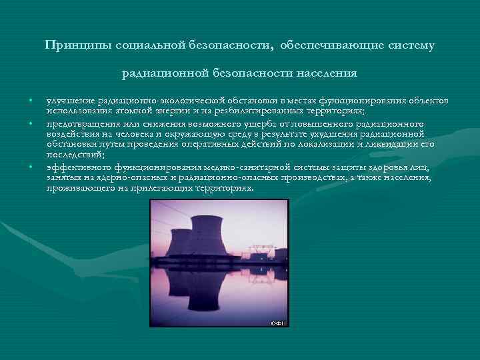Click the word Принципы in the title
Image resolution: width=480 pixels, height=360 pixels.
pyautogui.click(x=75, y=46)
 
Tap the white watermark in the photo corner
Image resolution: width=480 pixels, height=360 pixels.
pyautogui.click(x=278, y=323)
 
